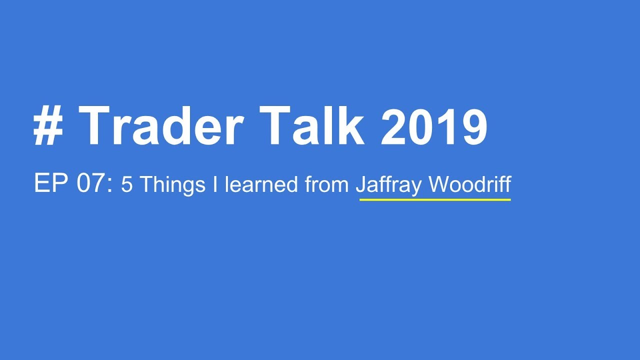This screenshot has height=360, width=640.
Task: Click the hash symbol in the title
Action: (48, 126)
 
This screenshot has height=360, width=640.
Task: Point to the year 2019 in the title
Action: (433, 126)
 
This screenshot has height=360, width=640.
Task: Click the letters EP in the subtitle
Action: (50, 184)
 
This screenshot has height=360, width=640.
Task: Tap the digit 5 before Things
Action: (127, 185)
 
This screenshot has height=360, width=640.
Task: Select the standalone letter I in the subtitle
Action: (215, 184)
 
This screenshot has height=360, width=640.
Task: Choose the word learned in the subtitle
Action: (261, 184)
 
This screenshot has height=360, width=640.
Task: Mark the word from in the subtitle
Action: (327, 185)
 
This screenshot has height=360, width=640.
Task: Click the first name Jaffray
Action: (389, 185)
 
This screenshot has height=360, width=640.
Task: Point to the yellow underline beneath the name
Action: (435, 199)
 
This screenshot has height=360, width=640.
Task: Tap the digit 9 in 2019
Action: (472, 126)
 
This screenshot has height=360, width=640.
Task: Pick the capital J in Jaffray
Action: (360, 184)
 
